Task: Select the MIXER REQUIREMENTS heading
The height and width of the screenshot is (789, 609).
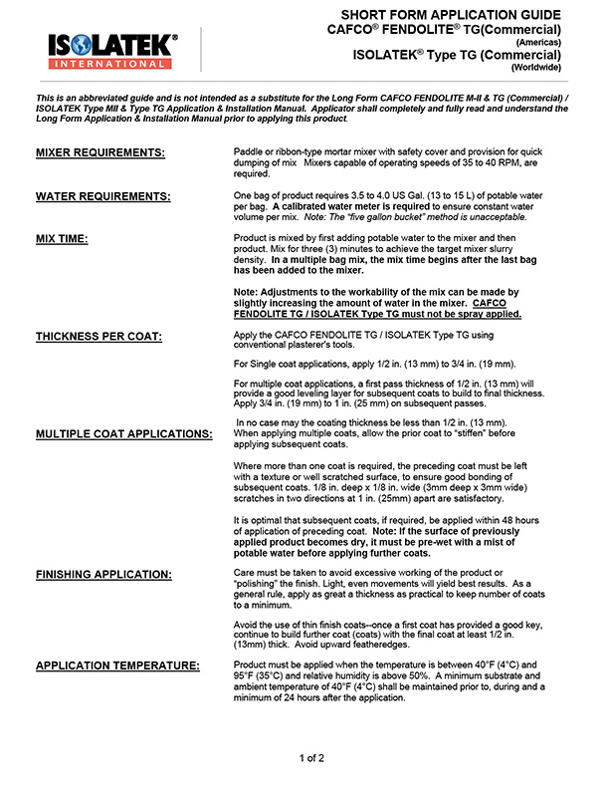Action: (x=101, y=153)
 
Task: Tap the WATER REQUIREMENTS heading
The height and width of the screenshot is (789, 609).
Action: (x=103, y=195)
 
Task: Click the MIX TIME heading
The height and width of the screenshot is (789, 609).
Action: (x=63, y=239)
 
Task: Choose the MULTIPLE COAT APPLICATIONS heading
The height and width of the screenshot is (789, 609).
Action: (x=124, y=434)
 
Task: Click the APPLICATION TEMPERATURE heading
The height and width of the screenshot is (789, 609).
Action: (x=117, y=664)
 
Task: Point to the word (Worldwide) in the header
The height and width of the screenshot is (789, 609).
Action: (x=539, y=68)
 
